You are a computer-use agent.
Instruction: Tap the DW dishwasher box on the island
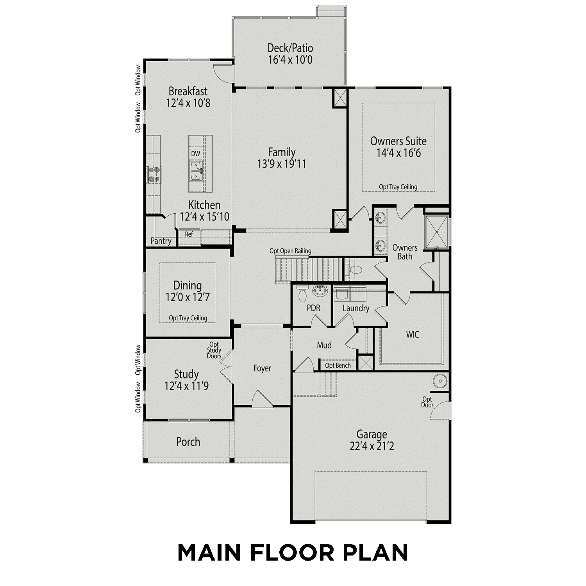[x=195, y=154]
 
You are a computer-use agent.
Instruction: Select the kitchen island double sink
[x=196, y=172]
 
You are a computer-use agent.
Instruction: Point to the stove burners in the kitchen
[x=154, y=174]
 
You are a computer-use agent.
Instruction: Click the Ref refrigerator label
[x=189, y=234]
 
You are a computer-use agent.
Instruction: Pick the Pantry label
[x=161, y=241]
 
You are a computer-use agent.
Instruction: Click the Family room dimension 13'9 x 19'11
[x=281, y=164]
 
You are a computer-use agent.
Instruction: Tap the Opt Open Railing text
[x=290, y=251]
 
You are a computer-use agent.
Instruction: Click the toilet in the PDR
[x=302, y=294]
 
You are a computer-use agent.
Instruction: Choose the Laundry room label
[x=356, y=308]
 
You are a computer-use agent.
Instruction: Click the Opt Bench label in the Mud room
[x=338, y=366]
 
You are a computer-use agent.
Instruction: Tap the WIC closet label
[x=413, y=334]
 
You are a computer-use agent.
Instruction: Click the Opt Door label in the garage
[x=427, y=402]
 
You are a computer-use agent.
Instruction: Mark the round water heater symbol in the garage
[x=440, y=380]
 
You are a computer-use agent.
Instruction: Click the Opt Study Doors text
[x=214, y=350]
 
